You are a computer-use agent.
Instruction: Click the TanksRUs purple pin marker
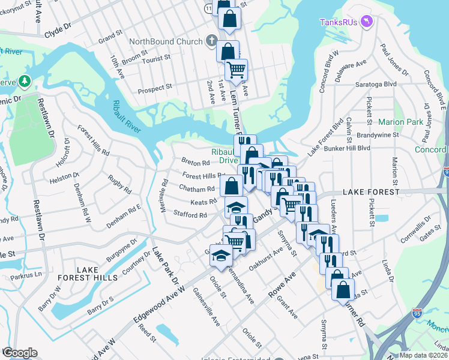pos(369,23)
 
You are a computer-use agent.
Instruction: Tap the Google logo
pos(19,353)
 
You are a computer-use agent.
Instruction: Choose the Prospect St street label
pos(154,88)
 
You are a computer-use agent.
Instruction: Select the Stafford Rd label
pos(190,214)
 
